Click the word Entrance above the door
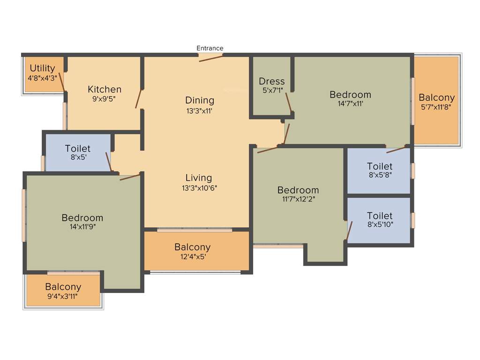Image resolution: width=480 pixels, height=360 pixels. click(210, 48)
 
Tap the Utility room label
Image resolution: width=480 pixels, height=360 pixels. click(43, 68)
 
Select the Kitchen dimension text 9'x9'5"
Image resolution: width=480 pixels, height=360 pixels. click(105, 99)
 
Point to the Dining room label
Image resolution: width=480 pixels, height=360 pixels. click(199, 100)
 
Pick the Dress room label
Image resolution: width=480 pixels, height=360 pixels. click(272, 81)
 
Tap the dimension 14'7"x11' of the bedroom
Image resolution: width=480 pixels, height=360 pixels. click(350, 104)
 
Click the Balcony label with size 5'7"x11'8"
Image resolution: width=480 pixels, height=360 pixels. click(436, 97)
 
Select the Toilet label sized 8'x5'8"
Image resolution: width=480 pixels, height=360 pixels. click(380, 166)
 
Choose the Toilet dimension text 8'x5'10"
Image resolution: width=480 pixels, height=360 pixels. click(380, 224)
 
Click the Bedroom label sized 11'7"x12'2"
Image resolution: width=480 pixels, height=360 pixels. click(298, 190)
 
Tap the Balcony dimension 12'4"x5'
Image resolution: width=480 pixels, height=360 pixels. click(193, 256)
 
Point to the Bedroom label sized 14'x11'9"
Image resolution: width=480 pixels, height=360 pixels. click(82, 217)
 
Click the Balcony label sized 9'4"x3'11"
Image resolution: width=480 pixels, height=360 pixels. click(63, 286)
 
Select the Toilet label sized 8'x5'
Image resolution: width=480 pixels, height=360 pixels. click(78, 149)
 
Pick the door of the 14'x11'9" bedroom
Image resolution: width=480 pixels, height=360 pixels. click(130, 177)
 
